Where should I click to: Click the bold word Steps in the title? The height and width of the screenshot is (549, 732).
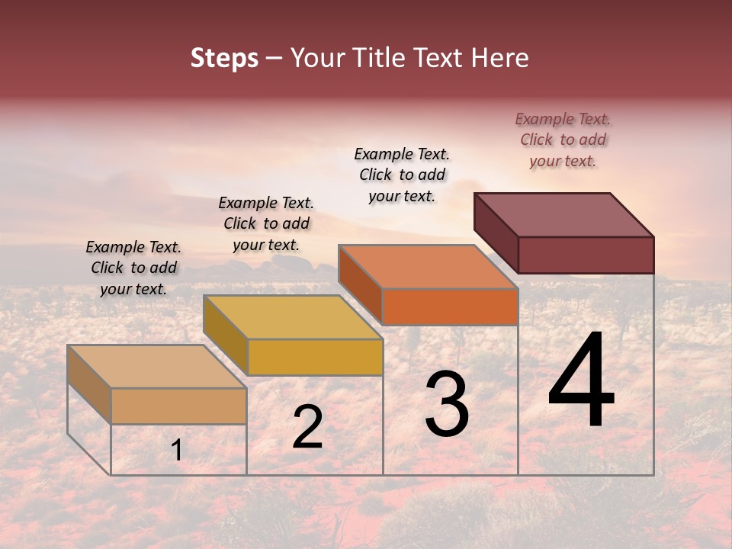[224, 58]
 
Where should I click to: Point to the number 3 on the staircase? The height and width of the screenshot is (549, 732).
[447, 404]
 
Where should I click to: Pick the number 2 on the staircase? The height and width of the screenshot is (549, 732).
[307, 427]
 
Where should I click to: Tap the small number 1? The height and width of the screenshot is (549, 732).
[177, 451]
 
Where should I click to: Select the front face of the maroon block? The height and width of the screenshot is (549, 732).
[586, 255]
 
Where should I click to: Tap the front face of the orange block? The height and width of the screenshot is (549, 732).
[450, 307]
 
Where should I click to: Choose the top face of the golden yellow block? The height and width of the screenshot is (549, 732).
[293, 317]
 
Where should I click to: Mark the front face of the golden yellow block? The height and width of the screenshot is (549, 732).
[315, 357]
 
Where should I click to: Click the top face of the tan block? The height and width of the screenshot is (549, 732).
[157, 366]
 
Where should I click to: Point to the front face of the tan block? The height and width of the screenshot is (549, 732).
[178, 406]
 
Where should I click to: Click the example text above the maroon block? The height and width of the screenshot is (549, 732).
[563, 140]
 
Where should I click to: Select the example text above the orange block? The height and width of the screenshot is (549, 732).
[402, 175]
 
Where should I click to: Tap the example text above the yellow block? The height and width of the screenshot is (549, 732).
[266, 223]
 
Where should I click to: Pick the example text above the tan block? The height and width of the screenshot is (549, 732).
[133, 268]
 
